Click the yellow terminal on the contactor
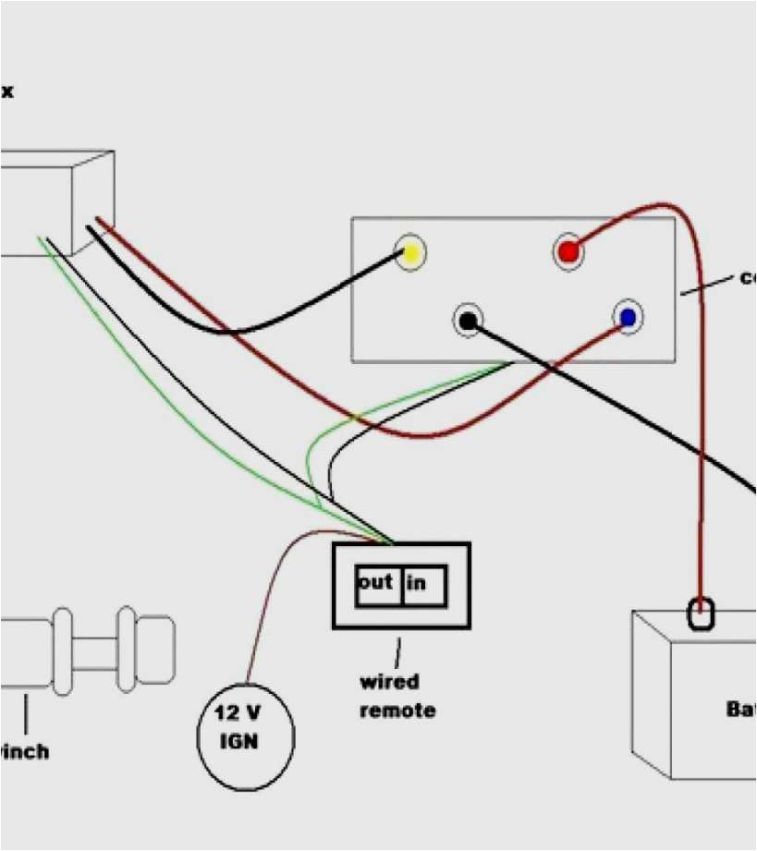411,253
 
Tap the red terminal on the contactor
568,250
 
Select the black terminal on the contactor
469,321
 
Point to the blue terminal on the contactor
628,318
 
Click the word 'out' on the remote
375,582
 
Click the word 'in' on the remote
416,583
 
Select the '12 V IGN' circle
246,737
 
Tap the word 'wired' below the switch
389,682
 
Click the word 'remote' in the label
397,711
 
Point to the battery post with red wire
702,613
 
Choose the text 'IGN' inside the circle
238,742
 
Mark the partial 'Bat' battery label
740,710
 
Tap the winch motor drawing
88,650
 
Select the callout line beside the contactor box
708,284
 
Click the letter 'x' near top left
7,91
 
